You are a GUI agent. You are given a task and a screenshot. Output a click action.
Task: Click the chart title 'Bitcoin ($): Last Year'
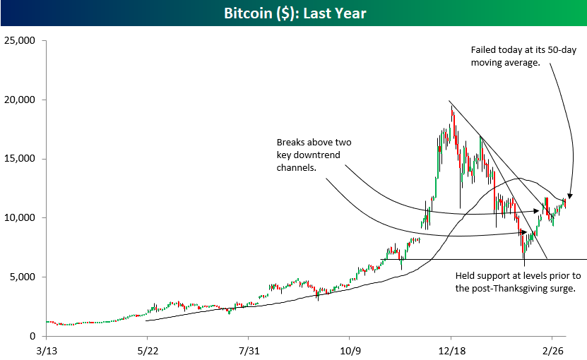pyautogui.click(x=293, y=13)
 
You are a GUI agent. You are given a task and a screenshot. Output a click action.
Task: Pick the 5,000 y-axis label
pyautogui.click(x=23, y=277)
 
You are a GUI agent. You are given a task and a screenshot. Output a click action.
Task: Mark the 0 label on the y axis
pyautogui.click(x=32, y=336)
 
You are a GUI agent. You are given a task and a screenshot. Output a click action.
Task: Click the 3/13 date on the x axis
pyautogui.click(x=46, y=349)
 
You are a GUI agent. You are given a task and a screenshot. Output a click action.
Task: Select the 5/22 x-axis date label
pyautogui.click(x=147, y=349)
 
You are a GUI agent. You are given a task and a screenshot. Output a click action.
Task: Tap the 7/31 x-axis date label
pyautogui.click(x=249, y=349)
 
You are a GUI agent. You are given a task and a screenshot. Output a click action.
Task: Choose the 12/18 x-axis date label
pyautogui.click(x=451, y=349)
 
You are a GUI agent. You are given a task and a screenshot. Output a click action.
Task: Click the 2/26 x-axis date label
pyautogui.click(x=554, y=349)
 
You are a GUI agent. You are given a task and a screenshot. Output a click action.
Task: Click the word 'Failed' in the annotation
pyautogui.click(x=484, y=51)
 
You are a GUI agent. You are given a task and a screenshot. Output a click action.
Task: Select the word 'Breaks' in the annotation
pyautogui.click(x=291, y=143)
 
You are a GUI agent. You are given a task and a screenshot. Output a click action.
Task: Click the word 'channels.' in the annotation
pyautogui.click(x=295, y=168)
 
